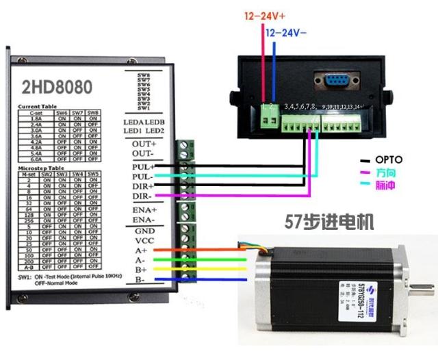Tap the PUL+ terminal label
click(x=144, y=166)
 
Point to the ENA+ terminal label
click(x=144, y=209)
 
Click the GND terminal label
click(x=144, y=232)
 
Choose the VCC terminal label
click(x=144, y=242)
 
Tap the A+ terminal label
click(x=140, y=251)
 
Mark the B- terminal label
click(x=140, y=279)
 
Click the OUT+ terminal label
click(x=144, y=144)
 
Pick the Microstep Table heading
click(x=40, y=167)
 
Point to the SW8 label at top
click(x=144, y=75)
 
